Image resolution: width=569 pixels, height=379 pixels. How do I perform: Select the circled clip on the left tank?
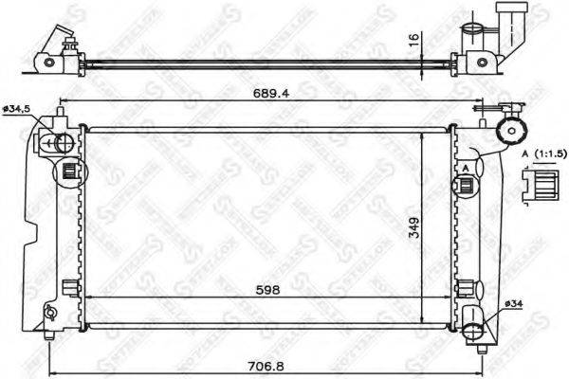(x=69, y=172)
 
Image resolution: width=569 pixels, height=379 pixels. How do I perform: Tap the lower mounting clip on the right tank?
(x=465, y=288)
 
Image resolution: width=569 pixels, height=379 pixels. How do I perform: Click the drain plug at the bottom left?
(x=48, y=312)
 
